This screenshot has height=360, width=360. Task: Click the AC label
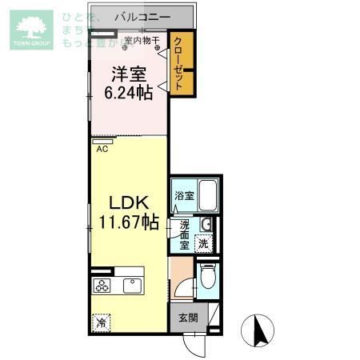[102, 148]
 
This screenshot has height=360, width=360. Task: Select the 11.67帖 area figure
[128, 222]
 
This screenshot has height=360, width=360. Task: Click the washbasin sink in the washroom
[205, 224]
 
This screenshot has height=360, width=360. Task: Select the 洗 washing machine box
[204, 243]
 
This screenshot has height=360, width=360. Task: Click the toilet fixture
[208, 278]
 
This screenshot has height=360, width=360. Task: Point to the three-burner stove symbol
[103, 286]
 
